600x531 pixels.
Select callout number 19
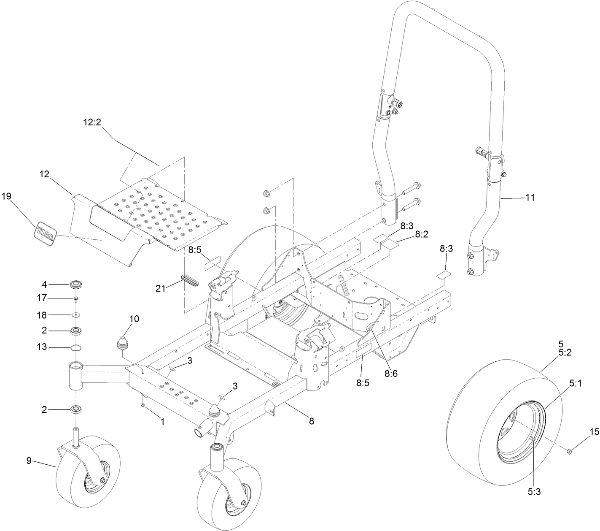(x=6, y=196)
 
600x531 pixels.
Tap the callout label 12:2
(x=92, y=122)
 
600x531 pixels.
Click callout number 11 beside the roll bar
(x=530, y=197)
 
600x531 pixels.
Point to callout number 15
(x=594, y=431)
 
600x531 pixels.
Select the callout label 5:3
(x=533, y=491)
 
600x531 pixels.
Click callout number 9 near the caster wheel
(x=29, y=461)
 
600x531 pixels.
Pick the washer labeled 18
(x=76, y=315)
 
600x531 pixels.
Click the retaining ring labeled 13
(x=76, y=347)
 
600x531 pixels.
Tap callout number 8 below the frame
(x=311, y=421)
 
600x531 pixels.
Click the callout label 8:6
(x=390, y=373)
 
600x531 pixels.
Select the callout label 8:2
(x=422, y=234)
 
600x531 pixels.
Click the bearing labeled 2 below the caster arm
(x=76, y=409)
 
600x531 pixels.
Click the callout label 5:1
(x=576, y=383)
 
